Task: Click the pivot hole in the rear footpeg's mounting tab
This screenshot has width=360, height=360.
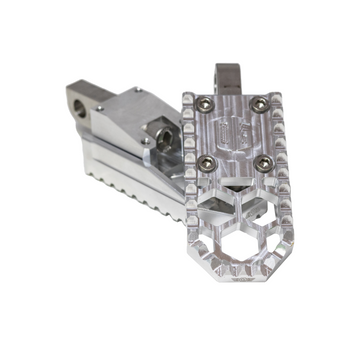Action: (74, 105)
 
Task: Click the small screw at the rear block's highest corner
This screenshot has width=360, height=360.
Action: (136, 90)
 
